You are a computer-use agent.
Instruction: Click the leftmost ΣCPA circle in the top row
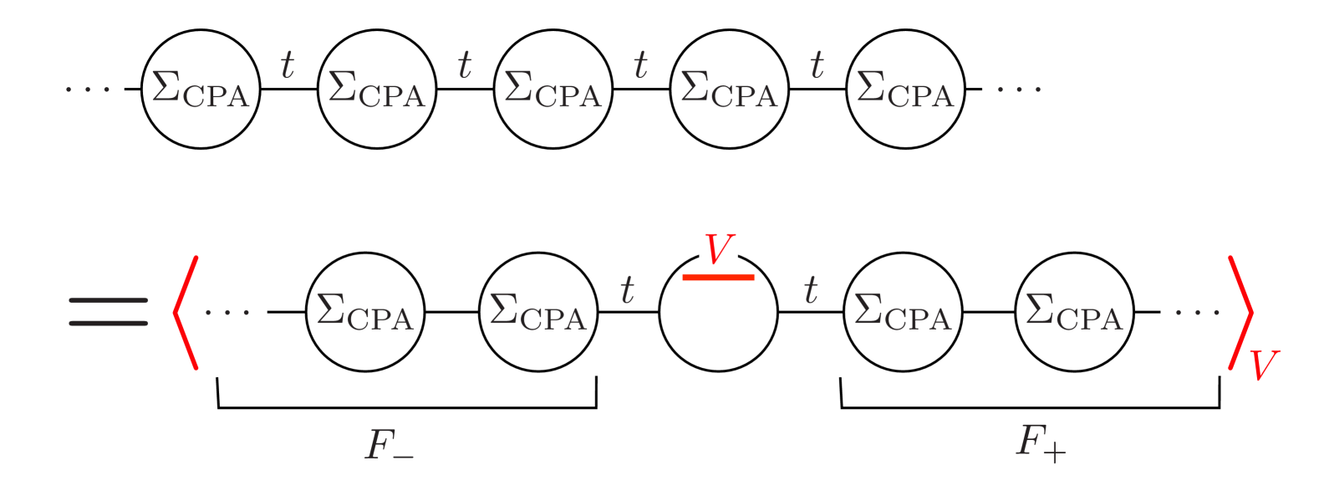(x=201, y=89)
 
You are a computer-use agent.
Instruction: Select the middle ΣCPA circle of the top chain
(x=553, y=89)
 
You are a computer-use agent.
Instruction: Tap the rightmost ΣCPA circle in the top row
(x=906, y=89)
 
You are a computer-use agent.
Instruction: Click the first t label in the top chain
(x=288, y=65)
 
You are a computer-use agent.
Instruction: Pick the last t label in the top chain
(x=817, y=65)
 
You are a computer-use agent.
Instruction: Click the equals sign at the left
(x=109, y=312)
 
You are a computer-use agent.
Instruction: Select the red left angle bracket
(x=186, y=312)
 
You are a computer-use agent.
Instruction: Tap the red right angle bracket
(x=1240, y=312)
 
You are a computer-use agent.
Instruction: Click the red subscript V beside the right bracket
(x=1264, y=366)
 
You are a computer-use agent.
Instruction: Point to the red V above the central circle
(x=718, y=249)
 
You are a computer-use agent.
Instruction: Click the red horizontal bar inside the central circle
(x=718, y=277)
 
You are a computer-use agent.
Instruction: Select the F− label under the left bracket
(x=390, y=445)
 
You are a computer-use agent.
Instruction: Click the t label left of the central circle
(x=627, y=290)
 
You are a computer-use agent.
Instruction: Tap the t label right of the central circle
(x=810, y=290)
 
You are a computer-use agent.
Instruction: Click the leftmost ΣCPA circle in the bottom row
(x=365, y=312)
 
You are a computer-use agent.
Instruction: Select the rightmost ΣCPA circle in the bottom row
(x=1075, y=312)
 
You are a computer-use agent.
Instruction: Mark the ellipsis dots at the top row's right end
(x=1018, y=89)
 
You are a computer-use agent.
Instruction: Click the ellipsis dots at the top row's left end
(x=88, y=89)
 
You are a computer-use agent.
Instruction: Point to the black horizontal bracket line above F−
(x=407, y=407)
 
